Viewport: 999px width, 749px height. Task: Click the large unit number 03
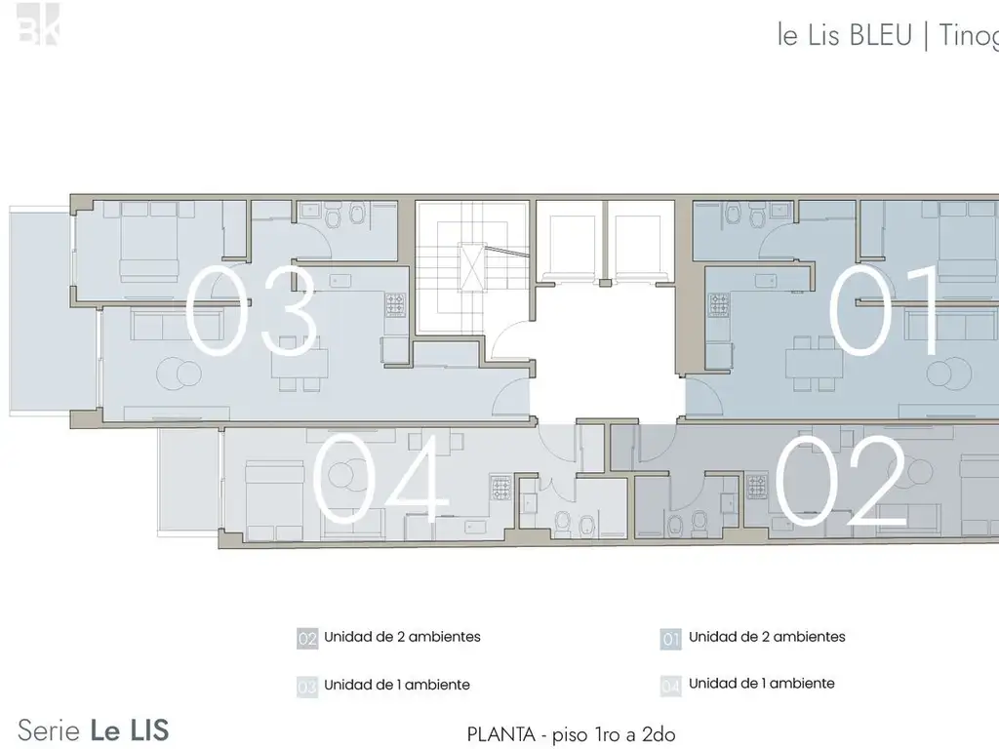[252, 311]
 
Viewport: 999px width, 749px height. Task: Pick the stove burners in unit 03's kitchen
[395, 305]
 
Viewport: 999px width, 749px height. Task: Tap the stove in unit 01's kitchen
[719, 305]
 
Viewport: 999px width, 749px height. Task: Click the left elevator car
[567, 240]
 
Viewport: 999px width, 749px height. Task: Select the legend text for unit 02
[402, 637]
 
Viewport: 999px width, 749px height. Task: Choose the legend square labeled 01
[670, 640]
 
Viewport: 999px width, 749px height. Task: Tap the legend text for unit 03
[396, 685]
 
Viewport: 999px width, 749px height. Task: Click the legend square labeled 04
[670, 687]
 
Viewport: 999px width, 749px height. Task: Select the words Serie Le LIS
[94, 729]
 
